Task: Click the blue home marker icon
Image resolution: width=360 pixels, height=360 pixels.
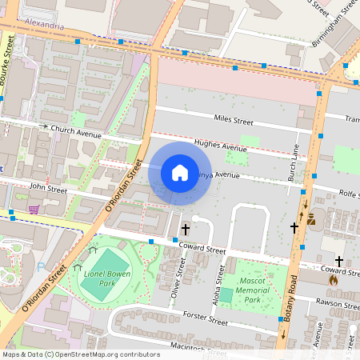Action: click(x=180, y=173)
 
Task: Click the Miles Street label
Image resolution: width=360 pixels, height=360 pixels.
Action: click(x=233, y=121)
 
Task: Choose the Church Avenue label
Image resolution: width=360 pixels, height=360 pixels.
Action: click(x=76, y=131)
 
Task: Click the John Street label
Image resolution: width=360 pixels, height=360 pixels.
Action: click(x=48, y=188)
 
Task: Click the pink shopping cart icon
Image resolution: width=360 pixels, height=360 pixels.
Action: click(x=34, y=209)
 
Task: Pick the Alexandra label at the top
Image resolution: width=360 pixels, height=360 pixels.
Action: click(x=45, y=26)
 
